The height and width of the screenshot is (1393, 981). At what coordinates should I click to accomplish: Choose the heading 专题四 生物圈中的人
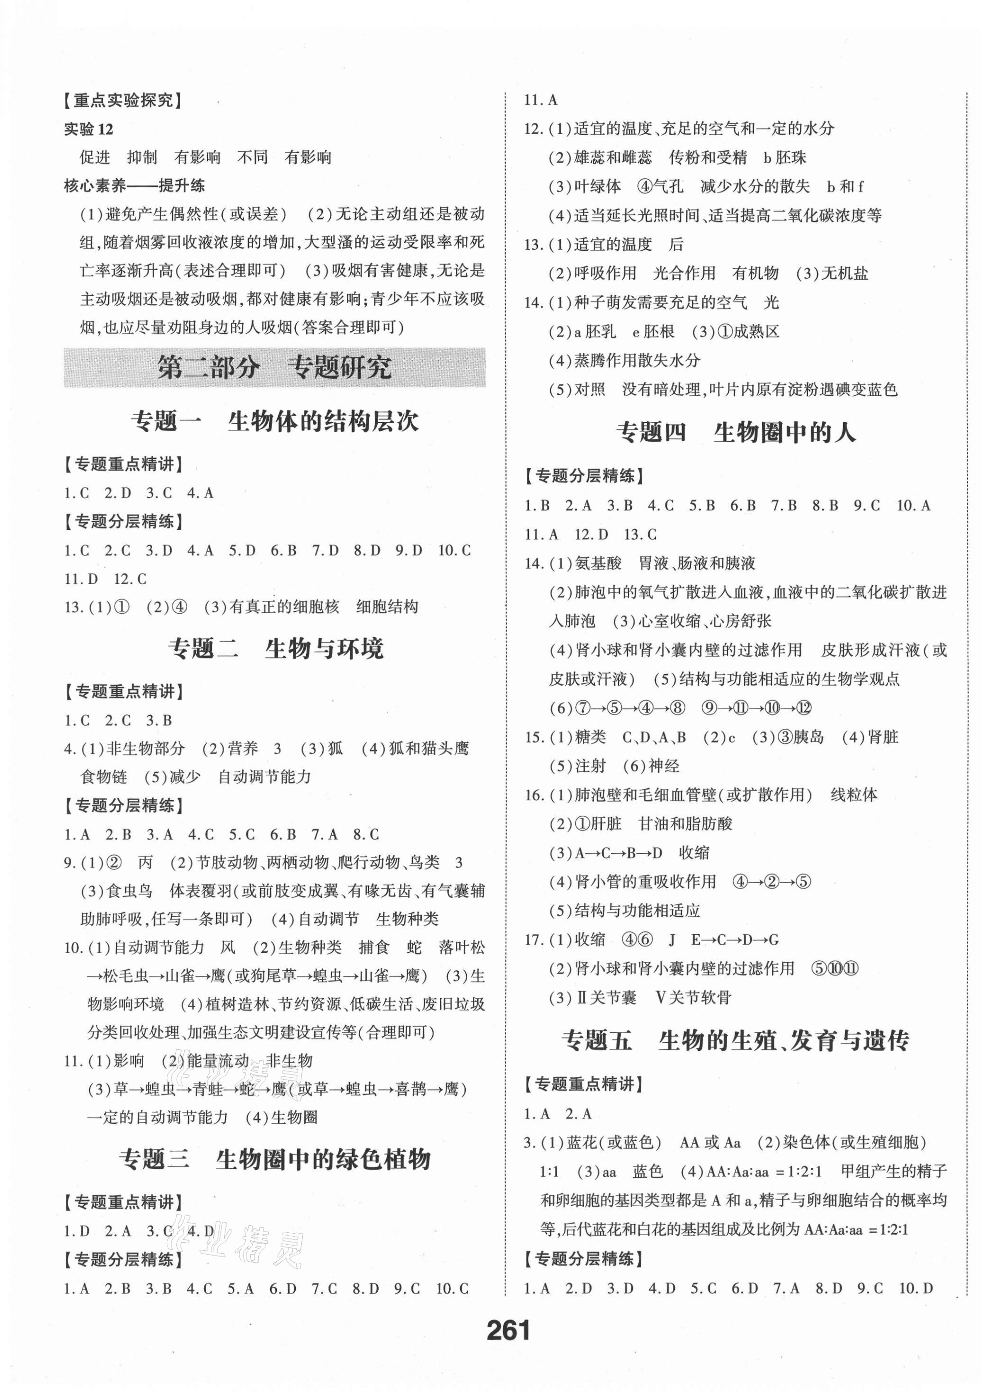click(736, 433)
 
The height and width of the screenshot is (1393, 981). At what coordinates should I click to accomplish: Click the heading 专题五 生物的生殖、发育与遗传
click(736, 1041)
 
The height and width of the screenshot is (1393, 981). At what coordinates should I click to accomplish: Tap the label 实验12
click(89, 129)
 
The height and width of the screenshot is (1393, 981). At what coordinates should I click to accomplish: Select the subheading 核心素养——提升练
click(134, 186)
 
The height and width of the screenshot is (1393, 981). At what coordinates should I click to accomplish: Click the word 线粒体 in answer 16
click(854, 795)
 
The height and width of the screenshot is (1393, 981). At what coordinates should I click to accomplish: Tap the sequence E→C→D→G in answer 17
click(735, 940)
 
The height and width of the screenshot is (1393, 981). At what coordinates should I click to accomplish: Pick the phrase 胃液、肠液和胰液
click(697, 564)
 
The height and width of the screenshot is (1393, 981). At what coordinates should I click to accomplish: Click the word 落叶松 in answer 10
click(461, 947)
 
